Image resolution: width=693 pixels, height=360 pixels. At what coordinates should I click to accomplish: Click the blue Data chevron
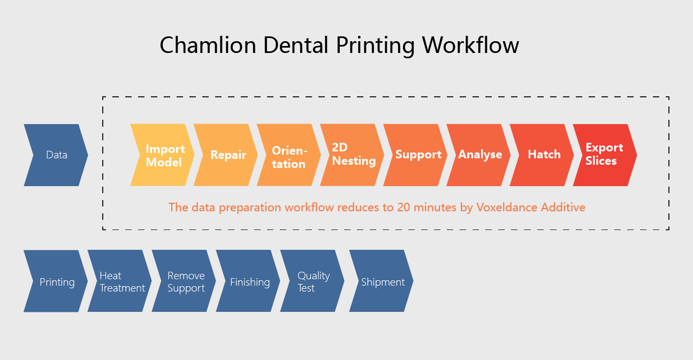[x=56, y=155]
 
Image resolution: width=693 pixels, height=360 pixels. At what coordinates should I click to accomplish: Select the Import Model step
[x=163, y=155]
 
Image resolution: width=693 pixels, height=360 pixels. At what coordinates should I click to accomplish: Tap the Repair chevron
[x=226, y=155]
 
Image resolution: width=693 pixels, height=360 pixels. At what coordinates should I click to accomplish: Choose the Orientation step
[x=289, y=155]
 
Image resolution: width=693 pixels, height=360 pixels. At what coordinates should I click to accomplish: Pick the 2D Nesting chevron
[x=352, y=155]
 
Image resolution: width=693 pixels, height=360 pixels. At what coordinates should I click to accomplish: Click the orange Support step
[x=415, y=155]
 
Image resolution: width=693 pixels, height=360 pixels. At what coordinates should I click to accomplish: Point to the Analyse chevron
[x=478, y=155]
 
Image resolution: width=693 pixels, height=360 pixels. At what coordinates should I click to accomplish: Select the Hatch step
[x=542, y=155]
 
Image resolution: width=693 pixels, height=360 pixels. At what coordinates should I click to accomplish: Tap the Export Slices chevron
[x=605, y=155]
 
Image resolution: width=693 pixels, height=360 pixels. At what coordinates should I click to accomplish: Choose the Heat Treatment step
[x=120, y=281]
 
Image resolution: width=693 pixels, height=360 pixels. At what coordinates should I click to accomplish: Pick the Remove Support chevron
[x=184, y=281]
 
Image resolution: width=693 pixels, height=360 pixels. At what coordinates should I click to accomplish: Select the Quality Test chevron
[x=313, y=281]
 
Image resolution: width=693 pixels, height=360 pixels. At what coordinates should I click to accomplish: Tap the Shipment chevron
[x=382, y=281]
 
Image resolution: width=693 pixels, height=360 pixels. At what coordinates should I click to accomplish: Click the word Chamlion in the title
[x=208, y=45]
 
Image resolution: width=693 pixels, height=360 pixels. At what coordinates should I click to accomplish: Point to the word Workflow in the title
[x=470, y=45]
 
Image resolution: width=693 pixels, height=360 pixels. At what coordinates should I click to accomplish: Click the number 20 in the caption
[x=403, y=207]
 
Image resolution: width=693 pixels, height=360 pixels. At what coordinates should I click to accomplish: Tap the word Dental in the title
[x=296, y=45]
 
